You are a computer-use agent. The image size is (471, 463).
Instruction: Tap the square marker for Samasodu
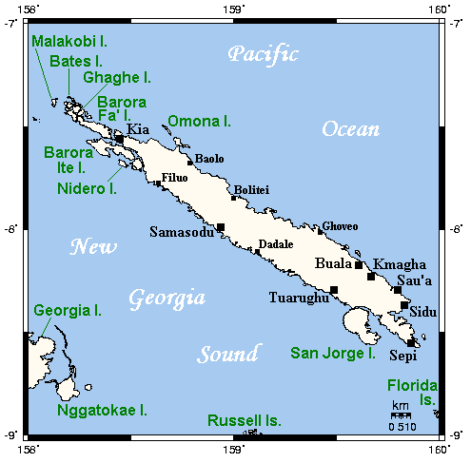click(x=221, y=226)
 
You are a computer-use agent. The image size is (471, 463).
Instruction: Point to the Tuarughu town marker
click(x=334, y=289)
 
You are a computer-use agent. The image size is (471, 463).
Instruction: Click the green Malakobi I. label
click(x=69, y=41)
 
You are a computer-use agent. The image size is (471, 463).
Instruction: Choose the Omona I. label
click(x=200, y=121)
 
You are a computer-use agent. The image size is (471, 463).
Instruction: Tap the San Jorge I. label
click(x=333, y=354)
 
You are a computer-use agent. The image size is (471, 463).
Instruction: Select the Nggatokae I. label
click(x=102, y=411)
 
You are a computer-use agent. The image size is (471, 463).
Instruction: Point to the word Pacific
click(x=263, y=53)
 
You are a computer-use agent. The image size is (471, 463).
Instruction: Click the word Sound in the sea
click(x=227, y=355)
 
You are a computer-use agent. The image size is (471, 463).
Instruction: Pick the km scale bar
click(x=401, y=415)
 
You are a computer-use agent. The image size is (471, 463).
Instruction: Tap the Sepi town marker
click(x=411, y=343)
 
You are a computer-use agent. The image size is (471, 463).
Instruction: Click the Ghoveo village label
click(x=340, y=226)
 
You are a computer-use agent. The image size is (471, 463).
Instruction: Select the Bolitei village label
click(x=252, y=189)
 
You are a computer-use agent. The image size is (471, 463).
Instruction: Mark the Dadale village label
click(x=276, y=244)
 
